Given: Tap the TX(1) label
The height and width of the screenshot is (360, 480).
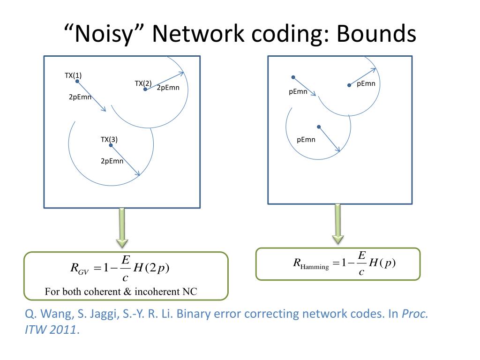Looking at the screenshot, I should [x=73, y=75].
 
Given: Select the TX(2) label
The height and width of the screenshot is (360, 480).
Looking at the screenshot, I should [x=143, y=83].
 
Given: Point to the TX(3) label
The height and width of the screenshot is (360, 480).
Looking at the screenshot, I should [x=109, y=139].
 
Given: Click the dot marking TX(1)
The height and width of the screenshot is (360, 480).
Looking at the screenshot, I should [x=77, y=82].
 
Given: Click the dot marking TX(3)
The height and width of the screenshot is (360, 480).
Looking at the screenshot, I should [x=111, y=145].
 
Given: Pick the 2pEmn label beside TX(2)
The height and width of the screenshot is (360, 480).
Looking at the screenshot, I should [x=168, y=88].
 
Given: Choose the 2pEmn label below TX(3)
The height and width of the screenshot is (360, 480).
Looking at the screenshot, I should [x=112, y=161].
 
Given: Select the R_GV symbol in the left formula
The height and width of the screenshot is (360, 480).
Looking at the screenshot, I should [x=76, y=269].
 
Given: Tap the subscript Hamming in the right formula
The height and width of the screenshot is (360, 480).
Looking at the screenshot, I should [x=315, y=267].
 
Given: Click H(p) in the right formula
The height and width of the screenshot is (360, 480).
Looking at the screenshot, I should [x=382, y=262].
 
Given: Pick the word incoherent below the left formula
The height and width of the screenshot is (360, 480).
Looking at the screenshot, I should [x=157, y=292].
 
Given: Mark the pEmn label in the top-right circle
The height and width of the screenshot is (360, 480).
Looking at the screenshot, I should [x=366, y=84].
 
